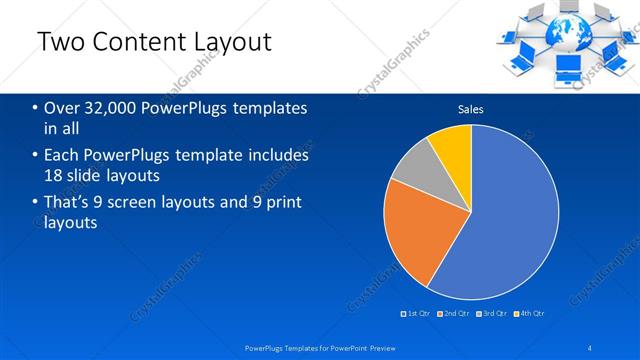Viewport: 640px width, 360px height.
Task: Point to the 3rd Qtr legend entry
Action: [x=491, y=314]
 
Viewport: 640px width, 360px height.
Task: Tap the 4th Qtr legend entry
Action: [x=529, y=314]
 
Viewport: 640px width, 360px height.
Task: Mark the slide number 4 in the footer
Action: [x=590, y=348]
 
